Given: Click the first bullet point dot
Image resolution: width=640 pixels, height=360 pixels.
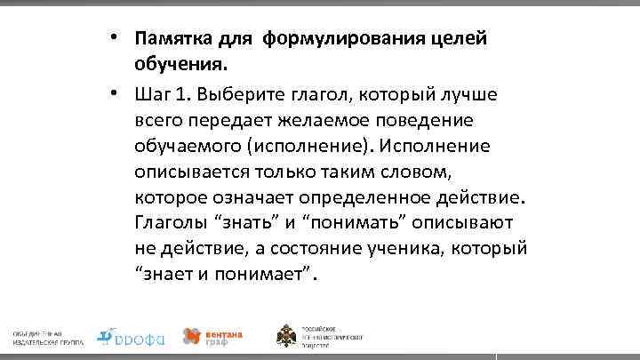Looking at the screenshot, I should [116, 38].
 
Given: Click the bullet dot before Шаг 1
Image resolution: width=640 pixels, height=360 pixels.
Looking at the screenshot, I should [116, 92].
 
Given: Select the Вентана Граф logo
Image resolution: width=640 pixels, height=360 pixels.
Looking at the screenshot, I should [212, 336].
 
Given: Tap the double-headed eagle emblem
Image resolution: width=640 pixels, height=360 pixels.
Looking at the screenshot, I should [288, 336].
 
